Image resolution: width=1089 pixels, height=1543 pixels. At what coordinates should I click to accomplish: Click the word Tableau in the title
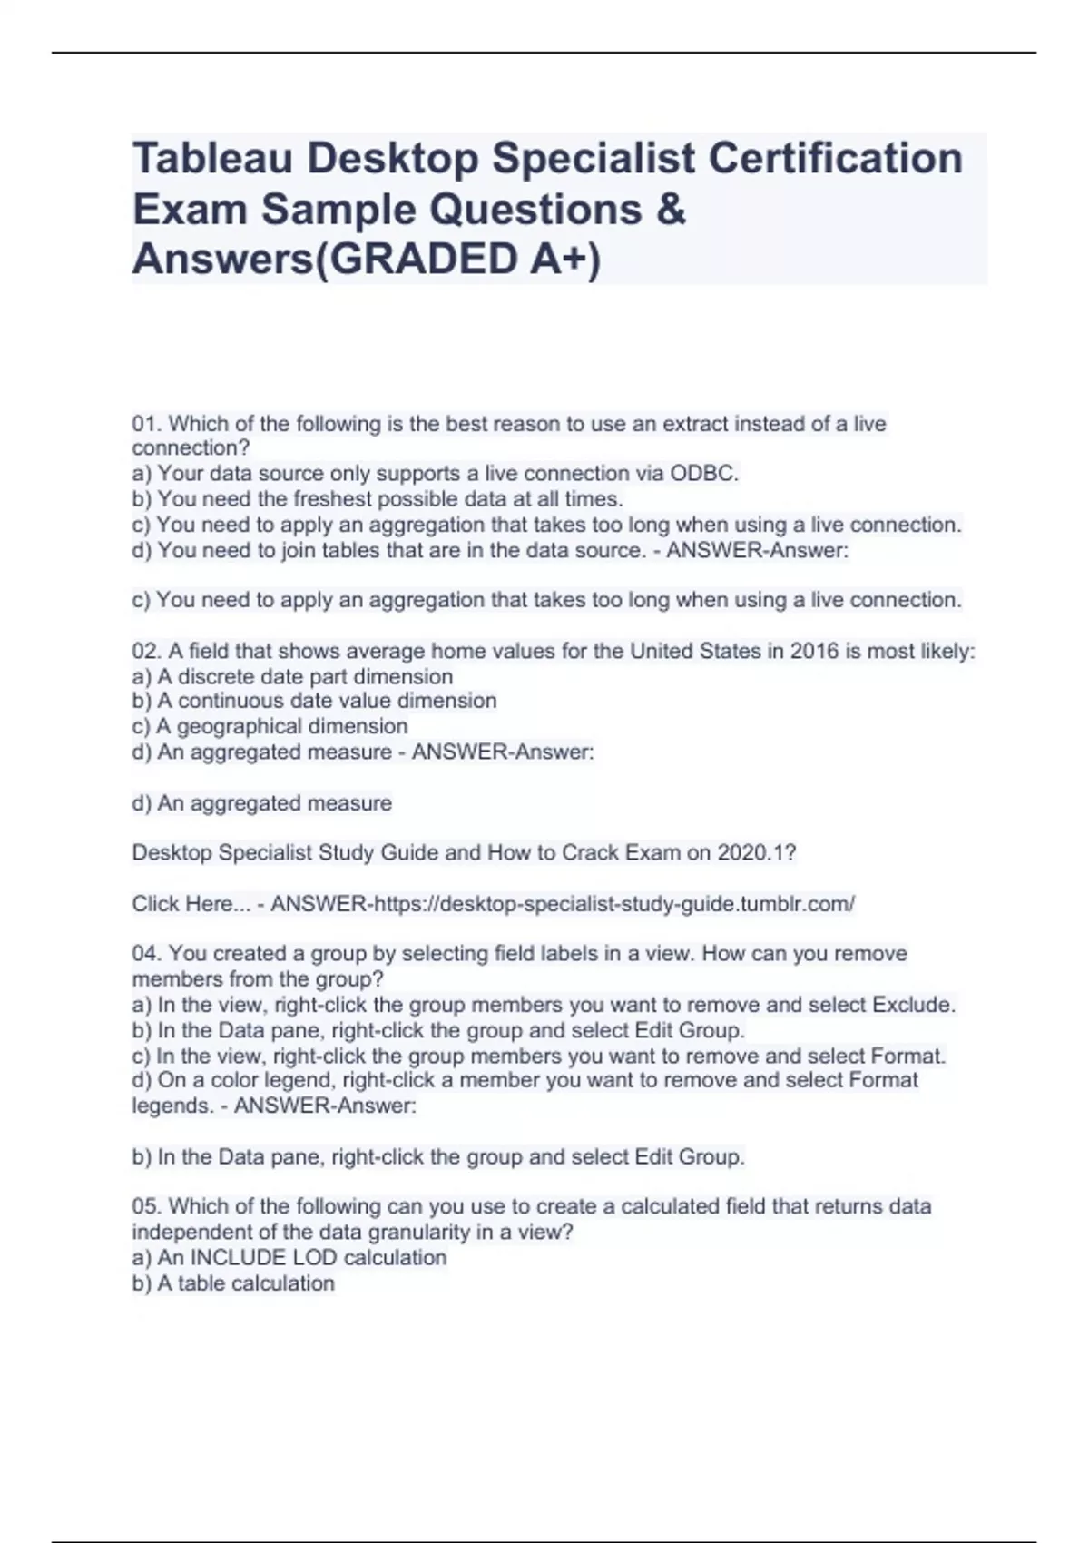point(212,158)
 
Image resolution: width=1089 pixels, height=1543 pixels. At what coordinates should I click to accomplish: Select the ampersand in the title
point(669,210)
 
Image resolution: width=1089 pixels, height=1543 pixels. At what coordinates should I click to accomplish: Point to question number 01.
point(146,424)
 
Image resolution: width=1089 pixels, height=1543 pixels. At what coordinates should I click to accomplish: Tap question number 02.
point(146,652)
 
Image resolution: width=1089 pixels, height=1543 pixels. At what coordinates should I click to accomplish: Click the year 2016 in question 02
point(814,652)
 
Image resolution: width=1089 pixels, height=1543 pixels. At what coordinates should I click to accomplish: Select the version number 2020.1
point(751,853)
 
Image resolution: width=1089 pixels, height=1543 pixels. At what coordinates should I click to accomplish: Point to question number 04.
point(146,954)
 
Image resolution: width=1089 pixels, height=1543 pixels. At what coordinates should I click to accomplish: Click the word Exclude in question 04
point(913,1006)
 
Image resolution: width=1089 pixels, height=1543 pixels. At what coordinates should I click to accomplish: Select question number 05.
point(146,1207)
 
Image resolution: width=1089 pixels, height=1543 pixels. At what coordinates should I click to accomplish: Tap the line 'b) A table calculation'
point(233,1283)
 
